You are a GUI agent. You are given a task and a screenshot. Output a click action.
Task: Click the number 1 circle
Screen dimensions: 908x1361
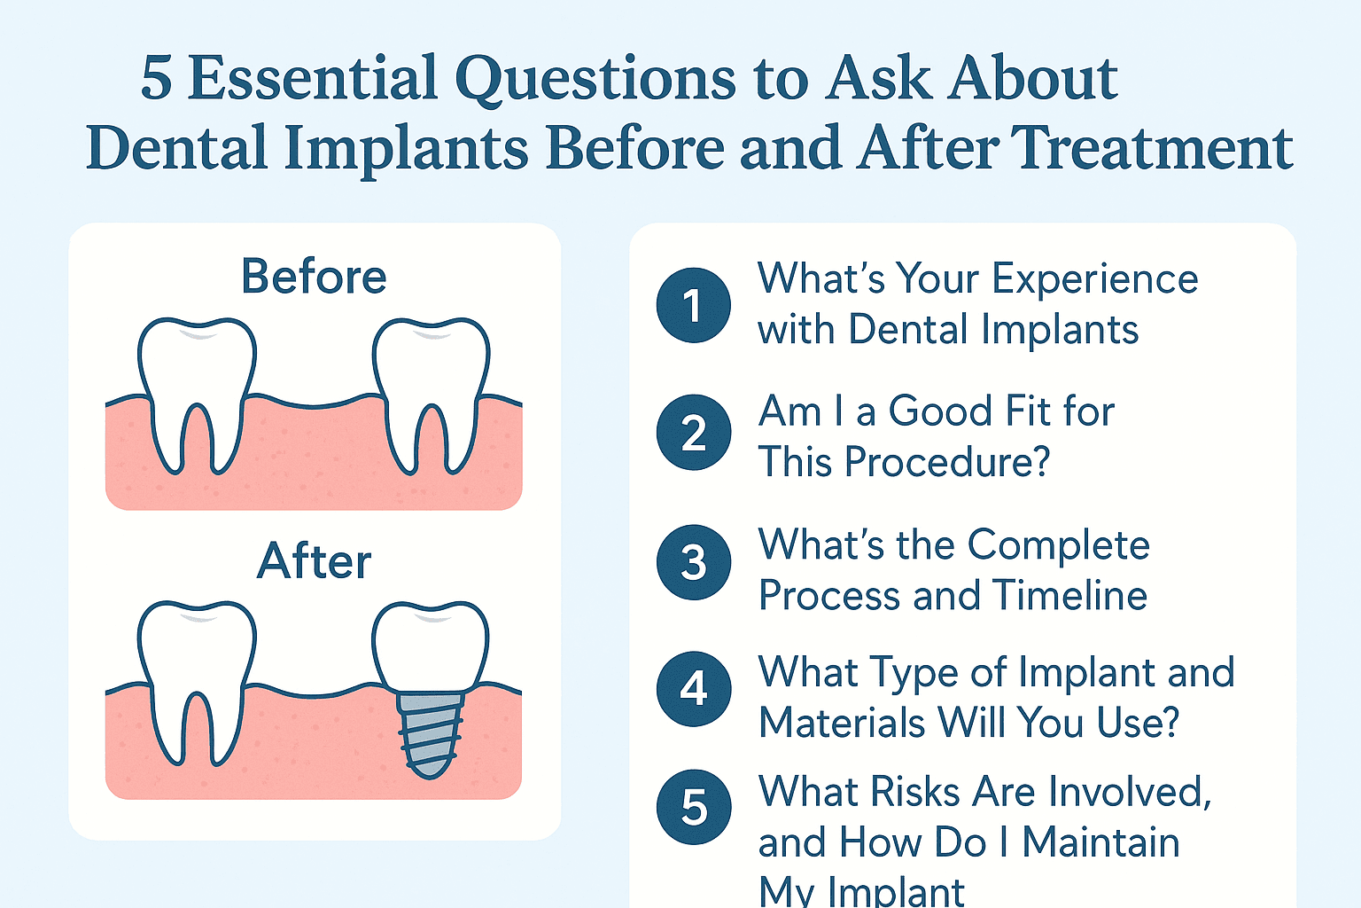click(693, 305)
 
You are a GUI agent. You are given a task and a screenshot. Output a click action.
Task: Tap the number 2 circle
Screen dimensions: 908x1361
click(693, 433)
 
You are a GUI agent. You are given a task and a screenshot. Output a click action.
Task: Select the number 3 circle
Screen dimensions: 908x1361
click(693, 562)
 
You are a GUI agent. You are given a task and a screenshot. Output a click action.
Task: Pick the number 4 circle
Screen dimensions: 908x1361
click(693, 689)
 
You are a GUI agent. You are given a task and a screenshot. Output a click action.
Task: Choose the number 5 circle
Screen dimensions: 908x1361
click(693, 807)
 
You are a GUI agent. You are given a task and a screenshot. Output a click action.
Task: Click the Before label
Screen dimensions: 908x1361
click(314, 277)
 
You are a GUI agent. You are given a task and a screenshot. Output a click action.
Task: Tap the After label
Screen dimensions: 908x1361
click(314, 561)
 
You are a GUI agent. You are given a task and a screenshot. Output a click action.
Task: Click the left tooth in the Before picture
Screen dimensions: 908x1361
click(197, 381)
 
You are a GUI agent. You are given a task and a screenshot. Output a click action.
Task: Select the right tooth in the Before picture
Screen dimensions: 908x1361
click(431, 381)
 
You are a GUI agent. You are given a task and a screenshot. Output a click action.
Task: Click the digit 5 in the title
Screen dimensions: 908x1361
click(156, 79)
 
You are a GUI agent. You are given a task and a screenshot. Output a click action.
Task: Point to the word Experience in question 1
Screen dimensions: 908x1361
click(1095, 280)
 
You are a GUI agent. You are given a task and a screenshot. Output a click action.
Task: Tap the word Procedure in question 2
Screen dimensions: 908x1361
click(948, 462)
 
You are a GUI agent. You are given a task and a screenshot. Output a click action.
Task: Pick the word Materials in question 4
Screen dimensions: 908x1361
click(842, 723)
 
